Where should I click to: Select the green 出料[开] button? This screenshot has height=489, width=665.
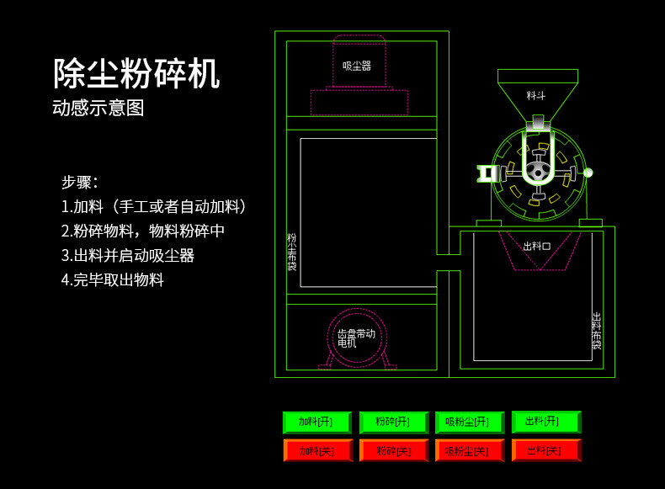point(545,422)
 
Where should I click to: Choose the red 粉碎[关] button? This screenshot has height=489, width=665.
point(393,451)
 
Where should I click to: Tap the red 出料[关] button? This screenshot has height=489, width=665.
point(545,451)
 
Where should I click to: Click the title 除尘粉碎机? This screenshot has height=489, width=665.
point(136,74)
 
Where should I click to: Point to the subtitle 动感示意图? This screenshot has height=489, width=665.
point(98,109)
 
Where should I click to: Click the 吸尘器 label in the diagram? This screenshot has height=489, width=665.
point(357,66)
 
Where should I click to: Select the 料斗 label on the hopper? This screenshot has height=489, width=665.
point(536,96)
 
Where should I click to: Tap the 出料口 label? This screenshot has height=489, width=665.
point(536,246)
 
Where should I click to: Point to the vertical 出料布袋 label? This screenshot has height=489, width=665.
point(597,330)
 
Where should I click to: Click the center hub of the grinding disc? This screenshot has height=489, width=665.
point(537,171)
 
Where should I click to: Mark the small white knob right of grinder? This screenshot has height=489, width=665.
point(588,173)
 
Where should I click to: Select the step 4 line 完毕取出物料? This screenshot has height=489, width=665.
point(113,280)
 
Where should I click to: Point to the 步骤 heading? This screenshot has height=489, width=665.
point(80,182)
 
